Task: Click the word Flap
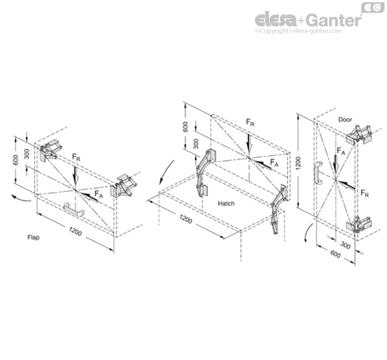point(33,237)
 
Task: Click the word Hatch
point(226,203)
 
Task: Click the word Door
point(345,120)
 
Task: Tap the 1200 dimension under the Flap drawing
point(75,232)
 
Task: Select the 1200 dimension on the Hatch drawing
point(186,219)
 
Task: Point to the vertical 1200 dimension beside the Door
point(298,163)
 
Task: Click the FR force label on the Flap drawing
point(76,157)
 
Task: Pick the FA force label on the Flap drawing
point(98,194)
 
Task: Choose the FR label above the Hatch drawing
point(250,122)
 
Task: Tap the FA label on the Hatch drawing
point(274,163)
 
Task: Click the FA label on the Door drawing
point(341,151)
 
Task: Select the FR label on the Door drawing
point(365,193)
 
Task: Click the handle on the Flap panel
point(74,209)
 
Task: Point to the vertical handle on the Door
point(318,173)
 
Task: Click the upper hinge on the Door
point(359,135)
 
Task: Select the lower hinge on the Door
point(359,224)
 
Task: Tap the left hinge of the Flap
point(51,151)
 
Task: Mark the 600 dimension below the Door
point(335,254)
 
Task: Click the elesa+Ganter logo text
point(308,20)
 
